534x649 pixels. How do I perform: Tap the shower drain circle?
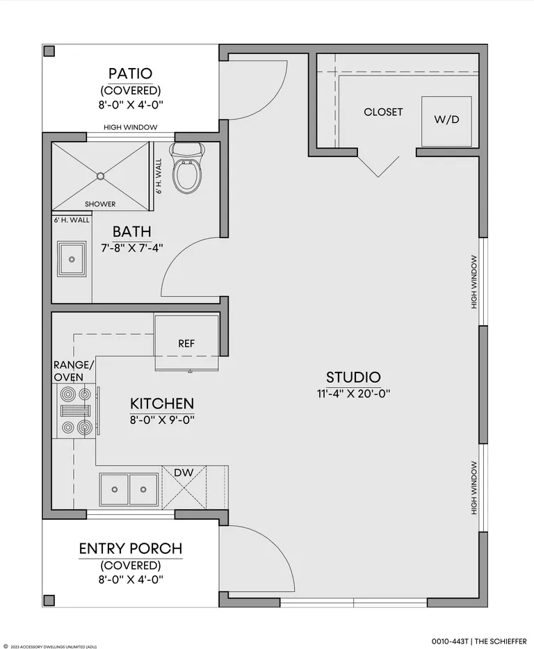coord(100,176)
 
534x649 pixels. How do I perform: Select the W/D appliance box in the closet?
coord(446,122)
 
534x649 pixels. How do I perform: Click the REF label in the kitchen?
coord(186,343)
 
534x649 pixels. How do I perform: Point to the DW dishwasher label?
coord(184,473)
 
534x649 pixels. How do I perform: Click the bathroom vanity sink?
coord(72,259)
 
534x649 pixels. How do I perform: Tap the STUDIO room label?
coord(353,377)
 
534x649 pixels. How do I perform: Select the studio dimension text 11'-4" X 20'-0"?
coord(354,393)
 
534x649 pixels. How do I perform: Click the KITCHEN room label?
coord(162,404)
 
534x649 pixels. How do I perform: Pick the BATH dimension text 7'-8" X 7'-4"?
coord(132,248)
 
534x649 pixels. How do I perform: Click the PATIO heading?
coord(131,74)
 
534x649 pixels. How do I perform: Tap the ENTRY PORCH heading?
coord(131,549)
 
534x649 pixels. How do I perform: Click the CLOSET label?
coord(383,112)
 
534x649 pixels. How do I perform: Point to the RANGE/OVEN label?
coord(74,371)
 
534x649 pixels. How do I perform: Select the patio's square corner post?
coord(49,51)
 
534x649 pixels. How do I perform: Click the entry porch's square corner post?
coord(49,600)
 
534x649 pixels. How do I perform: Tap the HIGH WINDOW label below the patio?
coord(131,127)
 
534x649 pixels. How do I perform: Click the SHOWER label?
coord(100,204)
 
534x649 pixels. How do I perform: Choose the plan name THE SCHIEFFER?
coord(501,641)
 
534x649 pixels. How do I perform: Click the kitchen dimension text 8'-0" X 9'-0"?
coord(163,420)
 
